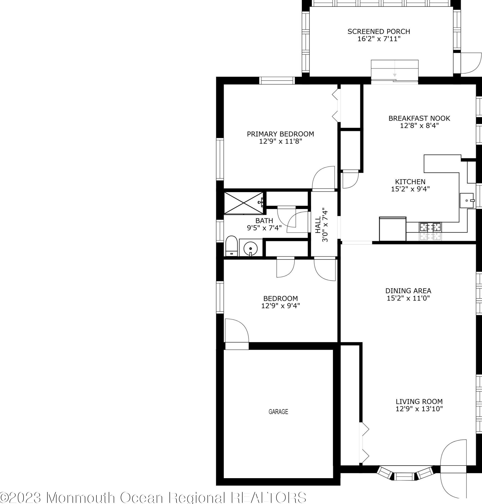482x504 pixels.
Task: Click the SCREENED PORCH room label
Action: pyautogui.click(x=379, y=31)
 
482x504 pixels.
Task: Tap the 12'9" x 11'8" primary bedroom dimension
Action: pyautogui.click(x=280, y=141)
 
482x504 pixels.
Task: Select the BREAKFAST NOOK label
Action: pyautogui.click(x=419, y=118)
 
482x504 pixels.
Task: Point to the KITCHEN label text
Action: pyautogui.click(x=410, y=182)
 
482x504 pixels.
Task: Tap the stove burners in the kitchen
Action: pyautogui.click(x=430, y=227)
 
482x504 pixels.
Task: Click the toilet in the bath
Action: pyautogui.click(x=231, y=246)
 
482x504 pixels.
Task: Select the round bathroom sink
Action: pyautogui.click(x=250, y=248)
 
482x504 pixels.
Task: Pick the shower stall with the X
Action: pyautogui.click(x=244, y=203)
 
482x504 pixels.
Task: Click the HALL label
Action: pyautogui.click(x=318, y=225)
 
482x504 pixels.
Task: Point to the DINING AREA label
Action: pyautogui.click(x=408, y=291)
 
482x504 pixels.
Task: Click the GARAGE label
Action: pyautogui.click(x=278, y=412)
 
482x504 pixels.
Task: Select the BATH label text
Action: pyautogui.click(x=264, y=221)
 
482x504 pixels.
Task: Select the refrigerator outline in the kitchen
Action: pyautogui.click(x=393, y=229)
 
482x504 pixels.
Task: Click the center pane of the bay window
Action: pyautogui.click(x=404, y=476)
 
